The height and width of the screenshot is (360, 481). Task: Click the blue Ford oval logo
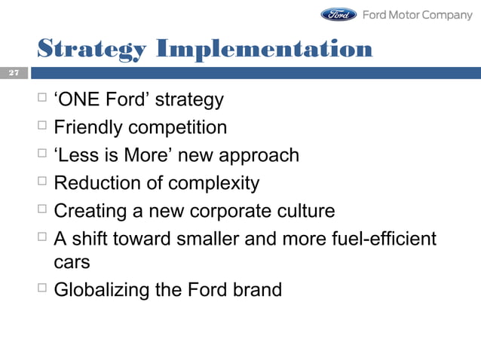339,14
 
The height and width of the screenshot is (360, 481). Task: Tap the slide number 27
13,73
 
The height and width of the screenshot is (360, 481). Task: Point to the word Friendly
85,127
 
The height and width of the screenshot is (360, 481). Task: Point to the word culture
305,212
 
